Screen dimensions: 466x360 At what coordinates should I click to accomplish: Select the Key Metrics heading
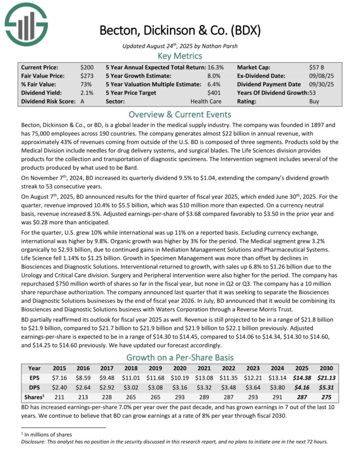point(180,56)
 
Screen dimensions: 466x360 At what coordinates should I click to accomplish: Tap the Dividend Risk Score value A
point(82,102)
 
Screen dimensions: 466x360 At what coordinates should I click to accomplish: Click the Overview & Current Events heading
point(180,114)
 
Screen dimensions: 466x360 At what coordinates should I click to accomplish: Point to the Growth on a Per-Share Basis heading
point(180,356)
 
